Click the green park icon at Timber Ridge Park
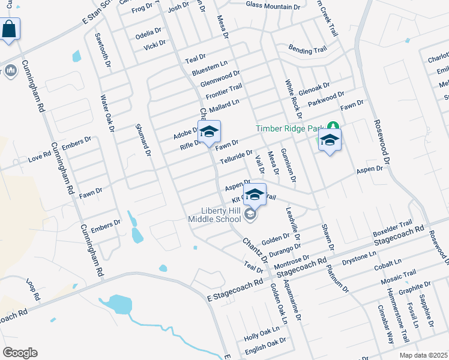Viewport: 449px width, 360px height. point(333,127)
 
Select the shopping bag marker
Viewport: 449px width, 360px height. point(10,29)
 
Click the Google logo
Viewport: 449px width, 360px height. point(20,353)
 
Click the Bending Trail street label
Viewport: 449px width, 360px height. point(307,50)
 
